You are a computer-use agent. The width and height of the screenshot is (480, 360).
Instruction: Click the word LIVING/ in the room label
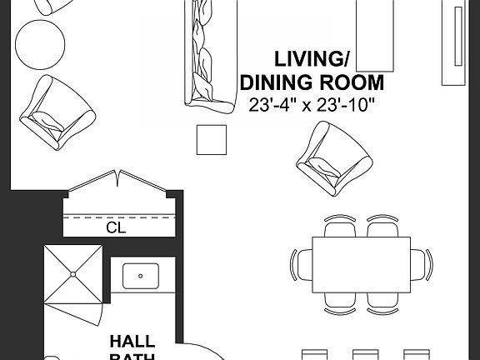click(x=312, y=59)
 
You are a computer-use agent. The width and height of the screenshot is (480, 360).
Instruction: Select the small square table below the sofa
click(x=211, y=139)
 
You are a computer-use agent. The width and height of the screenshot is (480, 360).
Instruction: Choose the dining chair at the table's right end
click(x=423, y=264)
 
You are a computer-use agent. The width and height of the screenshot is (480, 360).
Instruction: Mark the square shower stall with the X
click(x=72, y=274)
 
